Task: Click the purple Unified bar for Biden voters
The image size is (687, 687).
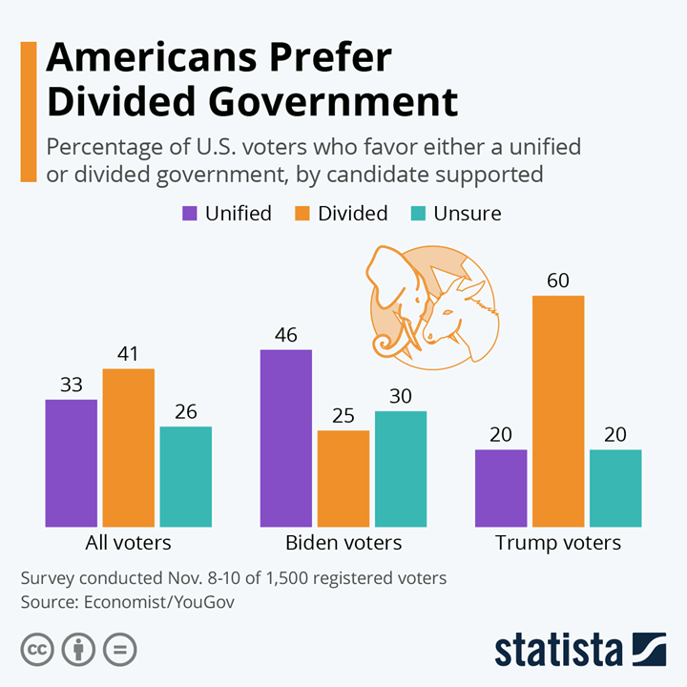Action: point(286,438)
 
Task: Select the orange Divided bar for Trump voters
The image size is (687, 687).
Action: point(558,411)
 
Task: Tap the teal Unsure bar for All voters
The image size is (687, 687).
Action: point(185,476)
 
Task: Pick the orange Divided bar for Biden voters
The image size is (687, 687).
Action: point(343,478)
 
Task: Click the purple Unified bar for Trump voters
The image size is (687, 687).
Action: point(501,488)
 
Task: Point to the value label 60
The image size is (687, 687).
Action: point(558,281)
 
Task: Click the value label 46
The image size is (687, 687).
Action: point(286,335)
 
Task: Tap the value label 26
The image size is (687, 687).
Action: point(185,411)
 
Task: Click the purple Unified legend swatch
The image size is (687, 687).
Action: point(190,213)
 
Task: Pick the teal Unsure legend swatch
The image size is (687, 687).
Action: point(418,213)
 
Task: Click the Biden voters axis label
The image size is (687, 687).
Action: point(343,543)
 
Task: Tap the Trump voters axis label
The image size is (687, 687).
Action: point(558,543)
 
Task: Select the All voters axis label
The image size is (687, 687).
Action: point(129,543)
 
